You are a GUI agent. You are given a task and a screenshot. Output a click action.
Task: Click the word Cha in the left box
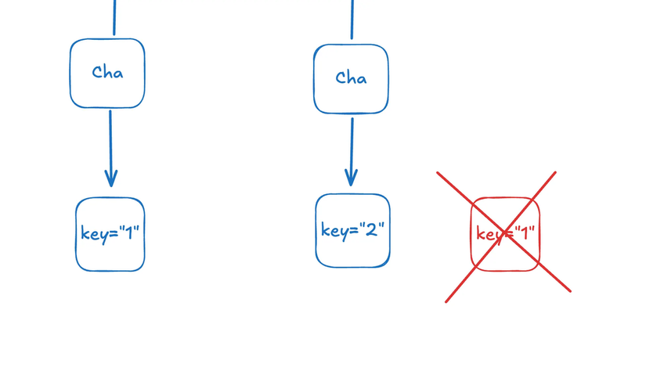coord(107,73)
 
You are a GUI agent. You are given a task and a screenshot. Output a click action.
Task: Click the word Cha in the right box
coord(351,78)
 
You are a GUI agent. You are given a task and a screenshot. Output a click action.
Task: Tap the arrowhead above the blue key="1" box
coord(111,178)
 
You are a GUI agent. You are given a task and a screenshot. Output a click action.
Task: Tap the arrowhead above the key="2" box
coord(352,178)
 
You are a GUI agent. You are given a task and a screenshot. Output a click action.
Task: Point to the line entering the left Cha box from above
coord(114,17)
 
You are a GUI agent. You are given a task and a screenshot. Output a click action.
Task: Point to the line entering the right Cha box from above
coord(352,19)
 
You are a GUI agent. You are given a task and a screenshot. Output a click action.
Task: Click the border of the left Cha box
coord(70,73)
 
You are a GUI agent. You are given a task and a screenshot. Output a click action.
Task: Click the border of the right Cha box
coord(314,78)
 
